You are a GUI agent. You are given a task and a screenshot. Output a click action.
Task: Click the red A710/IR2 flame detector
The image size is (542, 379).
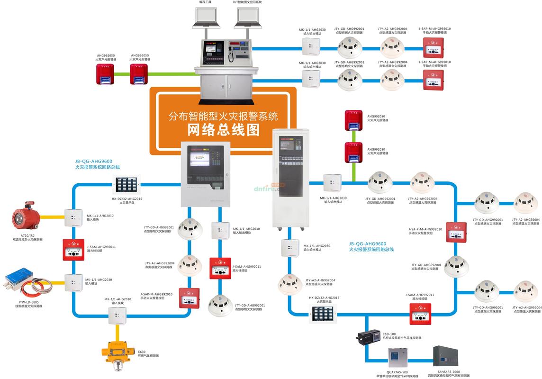[x=28, y=217]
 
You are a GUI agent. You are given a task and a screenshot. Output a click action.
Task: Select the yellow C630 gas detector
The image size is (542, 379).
[x=114, y=352]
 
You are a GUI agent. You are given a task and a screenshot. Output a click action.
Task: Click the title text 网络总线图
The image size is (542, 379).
[x=223, y=129]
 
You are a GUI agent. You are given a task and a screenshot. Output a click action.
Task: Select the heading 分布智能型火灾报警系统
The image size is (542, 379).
[x=223, y=115]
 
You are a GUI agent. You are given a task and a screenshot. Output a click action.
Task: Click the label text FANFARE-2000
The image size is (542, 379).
[x=449, y=372]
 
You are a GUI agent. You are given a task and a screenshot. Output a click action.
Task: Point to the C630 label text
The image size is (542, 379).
[x=142, y=352]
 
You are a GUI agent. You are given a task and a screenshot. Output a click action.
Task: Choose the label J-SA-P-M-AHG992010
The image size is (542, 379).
[x=425, y=229]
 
